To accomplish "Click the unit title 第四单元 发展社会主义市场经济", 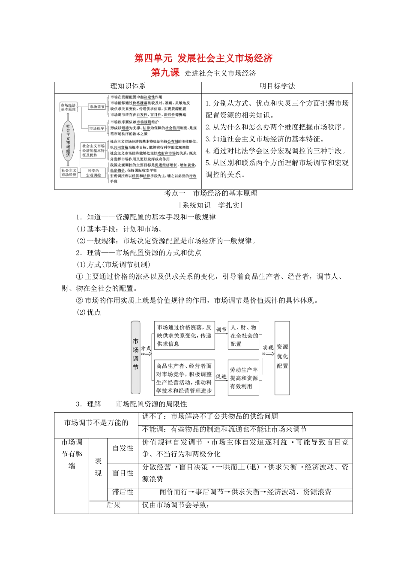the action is (x=203, y=58).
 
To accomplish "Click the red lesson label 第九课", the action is (x=165, y=73).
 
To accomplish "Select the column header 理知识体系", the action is (x=128, y=87).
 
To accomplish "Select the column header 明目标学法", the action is (x=277, y=87).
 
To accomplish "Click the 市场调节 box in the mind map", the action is (x=96, y=107).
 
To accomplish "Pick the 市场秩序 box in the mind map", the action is (x=96, y=129).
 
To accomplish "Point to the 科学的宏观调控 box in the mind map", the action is (x=93, y=173).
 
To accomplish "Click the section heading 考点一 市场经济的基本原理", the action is (x=210, y=193).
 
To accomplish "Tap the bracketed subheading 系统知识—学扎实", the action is (x=210, y=205).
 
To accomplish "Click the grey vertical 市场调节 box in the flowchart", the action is (x=135, y=357).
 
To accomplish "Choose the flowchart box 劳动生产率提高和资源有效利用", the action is (x=244, y=378).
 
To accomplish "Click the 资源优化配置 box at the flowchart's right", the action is (x=282, y=357).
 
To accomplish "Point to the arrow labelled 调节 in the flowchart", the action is (x=221, y=331).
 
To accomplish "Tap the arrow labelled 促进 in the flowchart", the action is (x=221, y=378).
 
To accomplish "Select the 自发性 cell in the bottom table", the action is (x=123, y=448).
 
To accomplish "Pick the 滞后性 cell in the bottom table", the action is (x=123, y=492).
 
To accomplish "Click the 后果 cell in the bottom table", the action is (x=114, y=505).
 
